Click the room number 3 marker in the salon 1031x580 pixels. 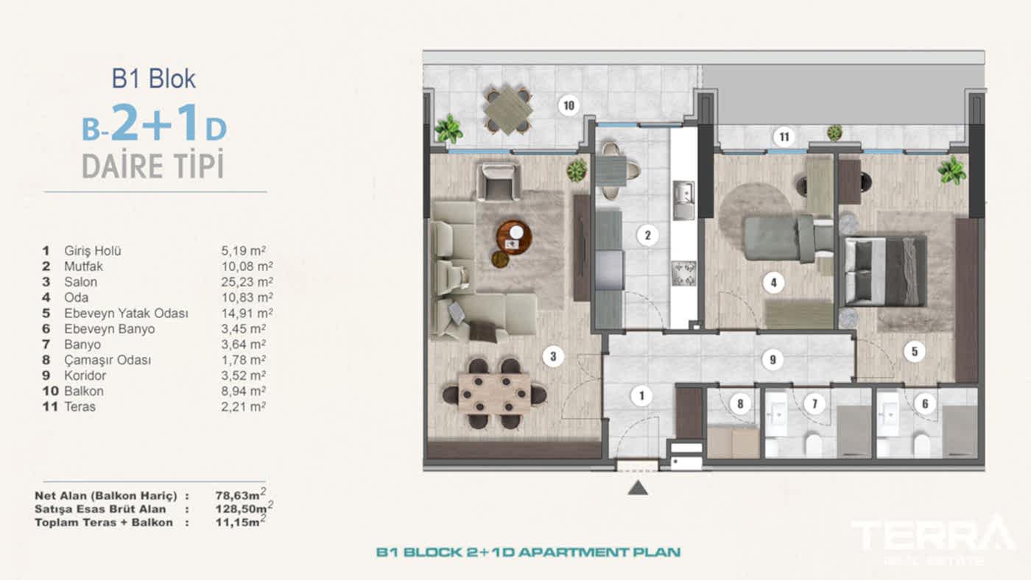552,357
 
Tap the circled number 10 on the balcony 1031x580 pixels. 568,105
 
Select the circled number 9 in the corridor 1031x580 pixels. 772,360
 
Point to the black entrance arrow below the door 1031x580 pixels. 638,487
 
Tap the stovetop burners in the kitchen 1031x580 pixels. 683,273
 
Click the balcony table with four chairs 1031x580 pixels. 508,110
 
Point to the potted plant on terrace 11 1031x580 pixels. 834,132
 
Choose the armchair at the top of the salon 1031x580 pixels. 499,181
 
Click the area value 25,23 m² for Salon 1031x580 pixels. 242,282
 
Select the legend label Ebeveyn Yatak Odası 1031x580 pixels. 126,314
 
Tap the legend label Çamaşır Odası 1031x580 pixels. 108,360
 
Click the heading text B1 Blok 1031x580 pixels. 154,79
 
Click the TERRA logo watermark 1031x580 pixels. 933,536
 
